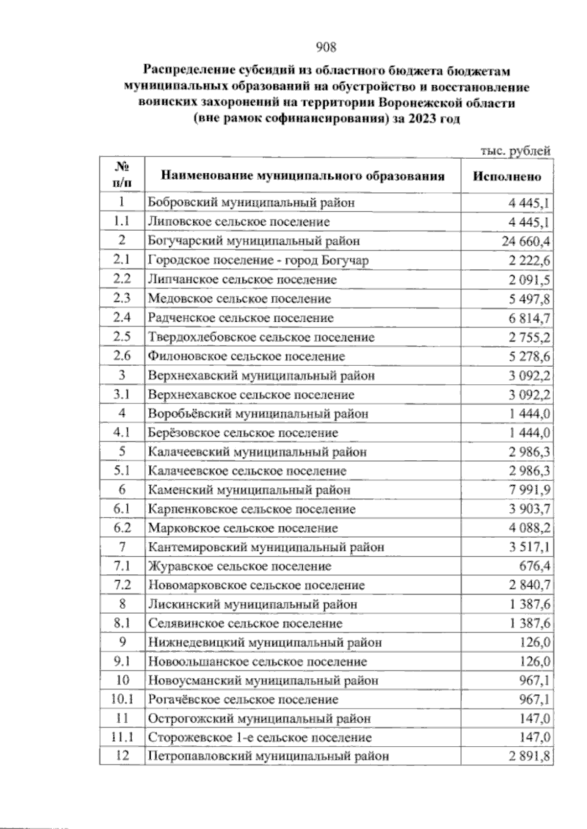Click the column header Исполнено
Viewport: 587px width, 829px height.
[507, 176]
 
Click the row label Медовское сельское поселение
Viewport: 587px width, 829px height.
[239, 298]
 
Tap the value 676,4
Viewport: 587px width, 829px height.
[534, 567]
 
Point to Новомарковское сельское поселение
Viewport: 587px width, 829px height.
[256, 585]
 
